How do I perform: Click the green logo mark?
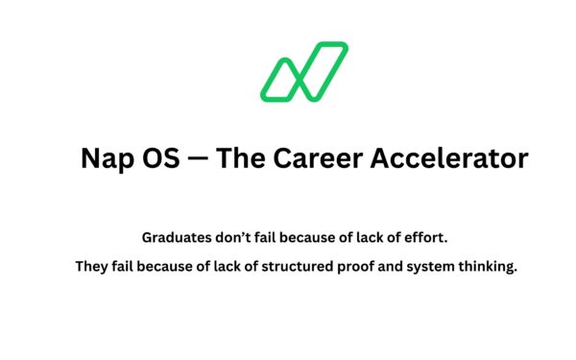point(302,72)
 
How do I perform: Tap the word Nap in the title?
point(108,158)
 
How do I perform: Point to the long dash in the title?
point(201,158)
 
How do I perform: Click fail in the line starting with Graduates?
point(270,236)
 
